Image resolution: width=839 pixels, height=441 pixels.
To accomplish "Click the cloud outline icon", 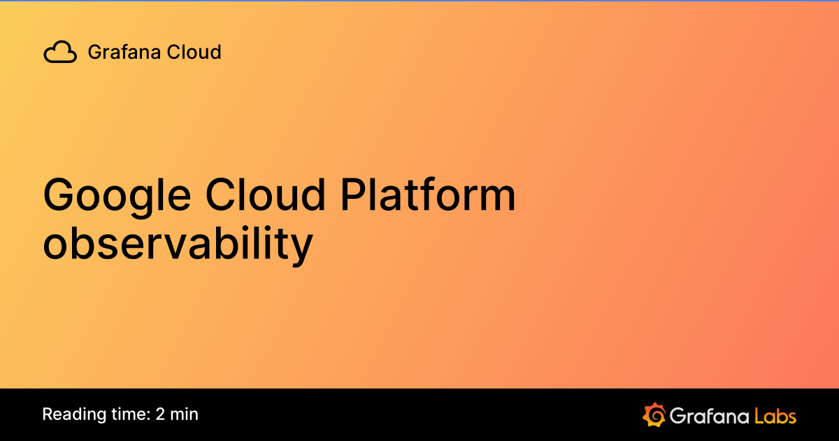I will [x=60, y=52].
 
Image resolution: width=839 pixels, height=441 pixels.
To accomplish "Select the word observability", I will [x=178, y=244].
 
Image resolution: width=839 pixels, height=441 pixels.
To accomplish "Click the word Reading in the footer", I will [x=72, y=414].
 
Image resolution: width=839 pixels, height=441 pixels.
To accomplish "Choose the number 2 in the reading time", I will [x=161, y=414].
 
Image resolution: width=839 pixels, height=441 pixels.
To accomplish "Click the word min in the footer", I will [x=185, y=414].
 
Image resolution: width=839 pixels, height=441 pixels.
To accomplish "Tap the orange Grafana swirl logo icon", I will [x=654, y=414].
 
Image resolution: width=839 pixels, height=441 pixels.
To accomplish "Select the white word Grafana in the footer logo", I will [x=708, y=415].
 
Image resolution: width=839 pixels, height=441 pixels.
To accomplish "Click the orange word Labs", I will [x=775, y=415].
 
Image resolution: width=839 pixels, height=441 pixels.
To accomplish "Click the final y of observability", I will [x=301, y=248].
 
